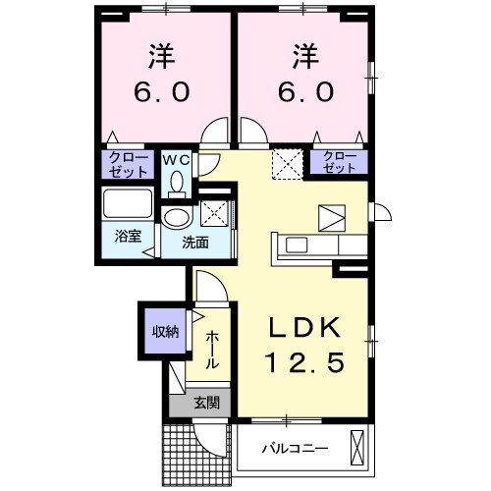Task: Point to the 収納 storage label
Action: [164, 331]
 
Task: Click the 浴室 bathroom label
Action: [126, 236]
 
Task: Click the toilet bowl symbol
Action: [177, 182]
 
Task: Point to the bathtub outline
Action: [129, 207]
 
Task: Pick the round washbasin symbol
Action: [177, 218]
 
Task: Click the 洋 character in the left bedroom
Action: [162, 54]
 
